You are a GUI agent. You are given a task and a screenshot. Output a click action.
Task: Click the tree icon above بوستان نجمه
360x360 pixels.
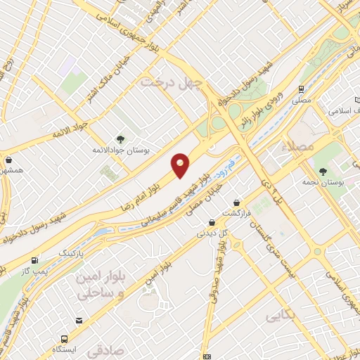(x=323, y=171)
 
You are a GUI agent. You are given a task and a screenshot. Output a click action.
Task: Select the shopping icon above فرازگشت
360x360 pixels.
(x=237, y=202)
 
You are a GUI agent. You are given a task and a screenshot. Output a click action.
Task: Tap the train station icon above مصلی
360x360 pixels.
(x=301, y=89)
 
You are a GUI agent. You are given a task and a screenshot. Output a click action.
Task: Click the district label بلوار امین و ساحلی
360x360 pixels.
(x=99, y=283)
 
